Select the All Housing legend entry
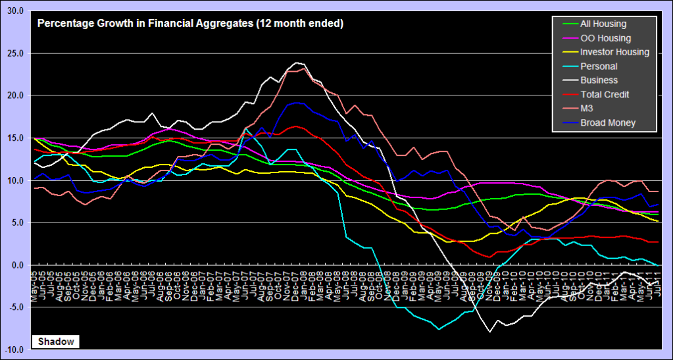[x=603, y=24]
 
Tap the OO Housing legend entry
[x=605, y=38]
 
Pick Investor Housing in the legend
[x=614, y=52]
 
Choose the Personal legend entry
[x=599, y=66]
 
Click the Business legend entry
[x=599, y=80]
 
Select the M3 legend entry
[x=589, y=109]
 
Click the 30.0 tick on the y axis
[x=14, y=11]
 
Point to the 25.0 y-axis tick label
[x=14, y=53]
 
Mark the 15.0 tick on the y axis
[x=14, y=138]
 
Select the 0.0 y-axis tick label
[x=16, y=265]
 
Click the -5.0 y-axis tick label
[x=15, y=307]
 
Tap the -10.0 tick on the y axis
[x=14, y=349]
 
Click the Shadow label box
[x=55, y=342]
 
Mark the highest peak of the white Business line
[x=296, y=63]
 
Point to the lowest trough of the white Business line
[x=489, y=332]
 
